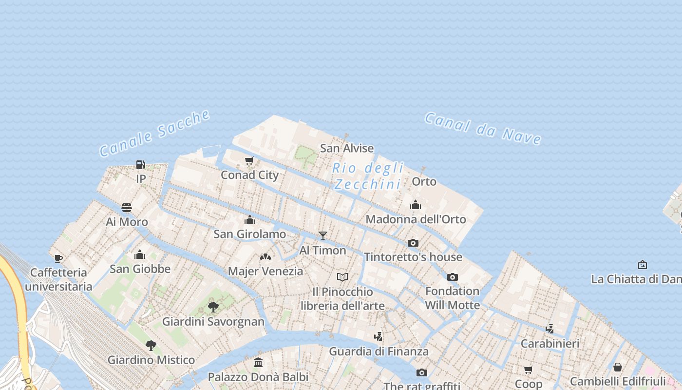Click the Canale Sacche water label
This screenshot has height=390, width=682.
(x=155, y=133)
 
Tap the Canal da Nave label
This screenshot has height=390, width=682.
(x=483, y=128)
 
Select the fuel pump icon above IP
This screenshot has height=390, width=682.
(x=141, y=165)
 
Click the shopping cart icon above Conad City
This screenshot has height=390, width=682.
(x=249, y=160)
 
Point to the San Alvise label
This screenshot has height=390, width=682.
(x=347, y=148)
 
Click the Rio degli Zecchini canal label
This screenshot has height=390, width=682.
(x=368, y=176)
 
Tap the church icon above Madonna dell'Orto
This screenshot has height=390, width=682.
(x=416, y=205)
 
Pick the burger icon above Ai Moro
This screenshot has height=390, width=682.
(x=127, y=208)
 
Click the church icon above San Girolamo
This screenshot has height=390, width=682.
(x=250, y=220)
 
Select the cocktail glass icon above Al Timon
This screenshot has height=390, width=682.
(x=322, y=236)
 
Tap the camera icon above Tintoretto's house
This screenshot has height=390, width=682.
(x=413, y=243)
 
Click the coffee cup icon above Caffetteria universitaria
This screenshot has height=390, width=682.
(x=58, y=258)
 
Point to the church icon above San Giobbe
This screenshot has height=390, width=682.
(x=140, y=254)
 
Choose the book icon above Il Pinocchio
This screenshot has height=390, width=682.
(x=342, y=277)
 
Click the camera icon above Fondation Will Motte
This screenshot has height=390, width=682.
(x=453, y=277)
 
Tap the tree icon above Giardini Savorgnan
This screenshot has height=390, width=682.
(x=213, y=307)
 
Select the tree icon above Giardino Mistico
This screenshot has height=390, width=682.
(x=151, y=346)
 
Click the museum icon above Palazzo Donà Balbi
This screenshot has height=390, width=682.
(x=258, y=363)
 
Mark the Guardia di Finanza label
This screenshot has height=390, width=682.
(x=379, y=351)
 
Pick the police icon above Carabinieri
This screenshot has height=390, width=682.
(x=550, y=329)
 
